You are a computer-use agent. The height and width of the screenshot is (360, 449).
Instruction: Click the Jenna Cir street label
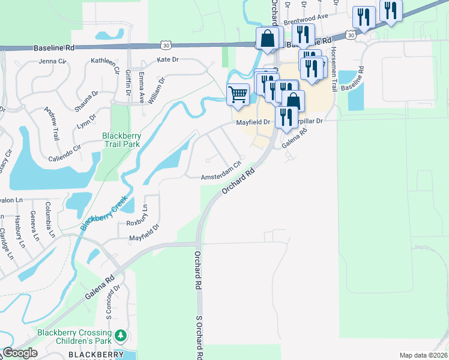(52, 61)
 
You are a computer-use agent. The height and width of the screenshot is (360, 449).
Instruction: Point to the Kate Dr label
(167, 60)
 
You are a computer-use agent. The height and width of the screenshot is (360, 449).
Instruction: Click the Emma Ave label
(142, 88)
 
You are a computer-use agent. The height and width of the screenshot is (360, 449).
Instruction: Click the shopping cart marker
(238, 94)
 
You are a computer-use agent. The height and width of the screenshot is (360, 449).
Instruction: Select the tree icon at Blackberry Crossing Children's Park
(121, 334)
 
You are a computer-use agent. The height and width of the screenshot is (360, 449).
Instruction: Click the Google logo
(20, 353)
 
